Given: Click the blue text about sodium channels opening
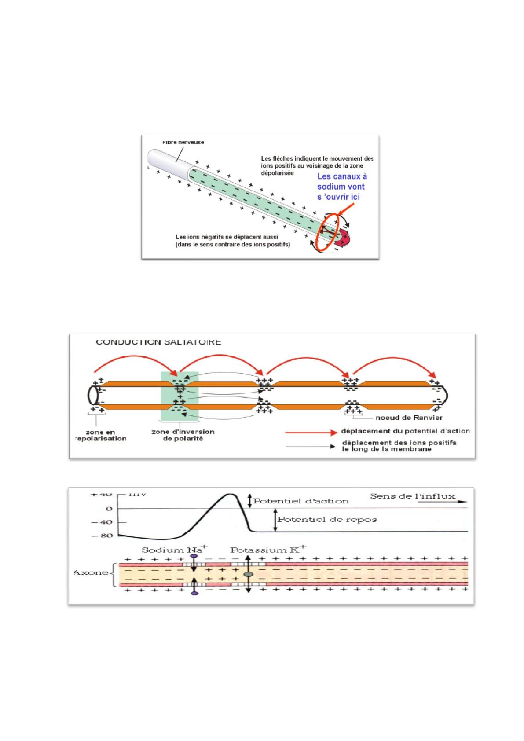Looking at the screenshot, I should tap(342, 186).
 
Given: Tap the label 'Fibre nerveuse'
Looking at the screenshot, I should tap(183, 142).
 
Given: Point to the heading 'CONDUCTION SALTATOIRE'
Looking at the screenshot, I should tap(158, 342).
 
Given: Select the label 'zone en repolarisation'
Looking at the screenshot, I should tap(100, 435).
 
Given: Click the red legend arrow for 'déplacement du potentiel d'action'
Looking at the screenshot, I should tap(311, 433).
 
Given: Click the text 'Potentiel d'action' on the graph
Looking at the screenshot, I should tap(301, 501).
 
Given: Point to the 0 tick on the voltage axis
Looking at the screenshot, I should tap(109, 509).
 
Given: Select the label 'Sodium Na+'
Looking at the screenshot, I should tap(175, 550).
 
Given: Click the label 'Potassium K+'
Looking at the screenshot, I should tap(268, 550).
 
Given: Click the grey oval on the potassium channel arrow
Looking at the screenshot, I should tap(248, 575).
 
